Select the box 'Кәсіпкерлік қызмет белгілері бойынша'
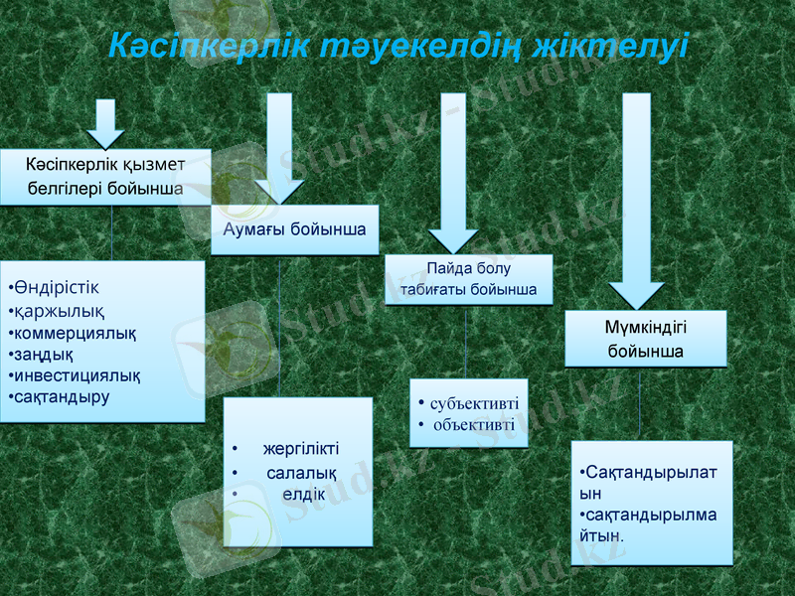[x=104, y=176]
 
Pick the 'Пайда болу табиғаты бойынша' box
[x=468, y=279]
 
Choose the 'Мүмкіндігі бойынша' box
[x=645, y=338]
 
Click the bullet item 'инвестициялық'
[x=76, y=375]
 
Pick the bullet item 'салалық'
[x=301, y=473]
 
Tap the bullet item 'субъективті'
[x=474, y=403]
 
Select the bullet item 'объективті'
[x=474, y=425]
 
